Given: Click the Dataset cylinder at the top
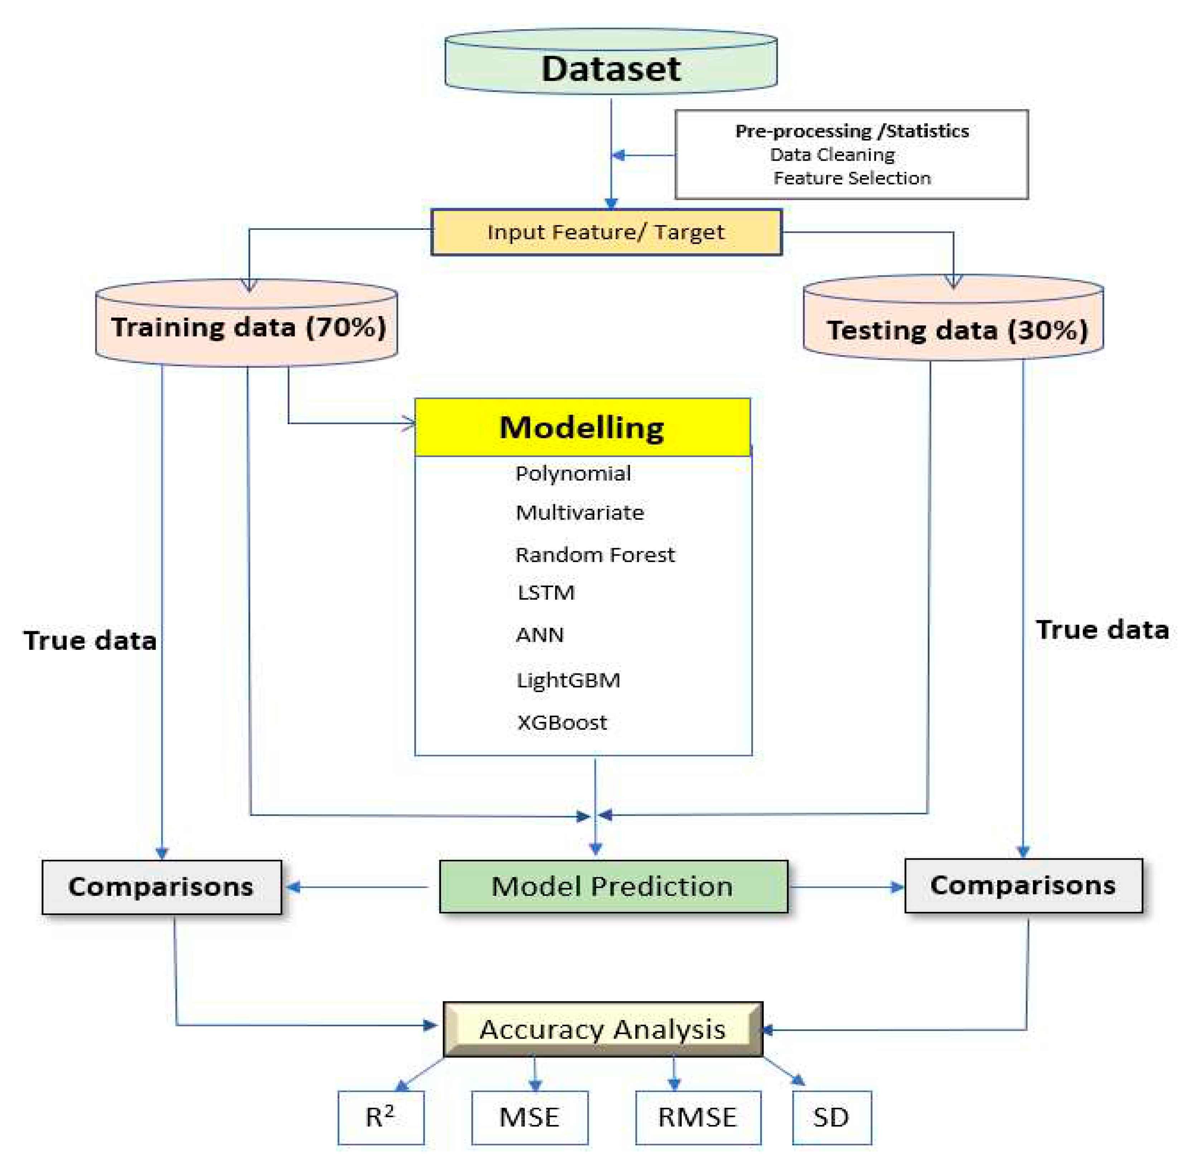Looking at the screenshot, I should tap(611, 67).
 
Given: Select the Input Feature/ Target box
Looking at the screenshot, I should tap(606, 232).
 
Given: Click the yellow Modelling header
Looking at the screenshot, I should tap(582, 427).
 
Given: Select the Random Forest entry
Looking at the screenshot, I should tap(595, 555).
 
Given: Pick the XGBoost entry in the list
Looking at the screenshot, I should tap(562, 723).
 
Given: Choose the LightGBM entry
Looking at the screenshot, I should tap(568, 680).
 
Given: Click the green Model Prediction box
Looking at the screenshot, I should tap(613, 886).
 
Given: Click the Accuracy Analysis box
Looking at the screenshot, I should tap(603, 1029).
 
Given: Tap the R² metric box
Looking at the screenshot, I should tap(381, 1117).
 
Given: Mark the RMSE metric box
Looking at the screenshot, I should tap(698, 1117).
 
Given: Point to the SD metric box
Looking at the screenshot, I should tap(831, 1117).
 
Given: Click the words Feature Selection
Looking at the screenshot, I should tap(852, 178).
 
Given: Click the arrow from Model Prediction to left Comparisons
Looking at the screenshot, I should tap(359, 887).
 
